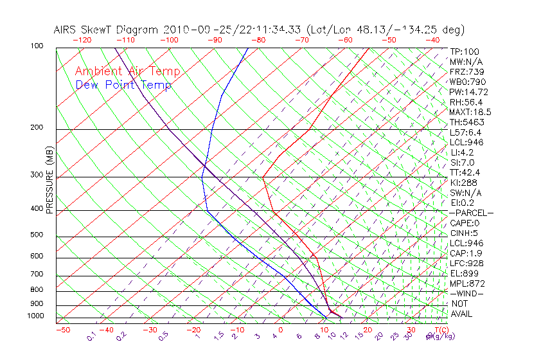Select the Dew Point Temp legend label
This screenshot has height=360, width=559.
123,85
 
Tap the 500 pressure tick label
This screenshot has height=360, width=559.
37,235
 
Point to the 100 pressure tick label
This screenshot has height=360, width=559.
37,46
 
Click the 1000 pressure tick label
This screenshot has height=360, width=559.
35,316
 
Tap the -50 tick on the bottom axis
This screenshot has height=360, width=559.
63,330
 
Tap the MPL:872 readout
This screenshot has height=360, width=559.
467,283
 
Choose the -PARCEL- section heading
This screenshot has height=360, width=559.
471,213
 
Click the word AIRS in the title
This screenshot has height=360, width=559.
66,30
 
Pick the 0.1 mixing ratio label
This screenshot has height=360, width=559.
91,336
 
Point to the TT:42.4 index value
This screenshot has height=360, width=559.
466,172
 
